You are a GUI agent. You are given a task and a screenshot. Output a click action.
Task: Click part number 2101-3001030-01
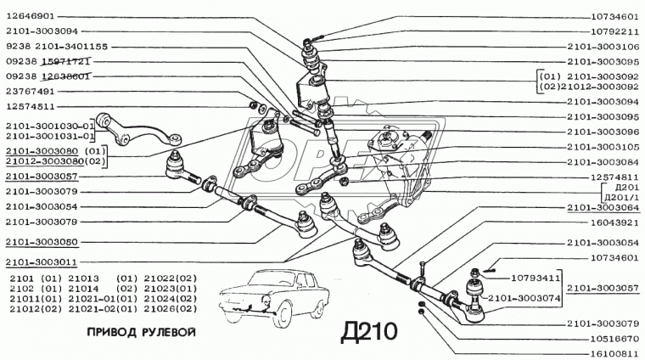pyautogui.click(x=50, y=126)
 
